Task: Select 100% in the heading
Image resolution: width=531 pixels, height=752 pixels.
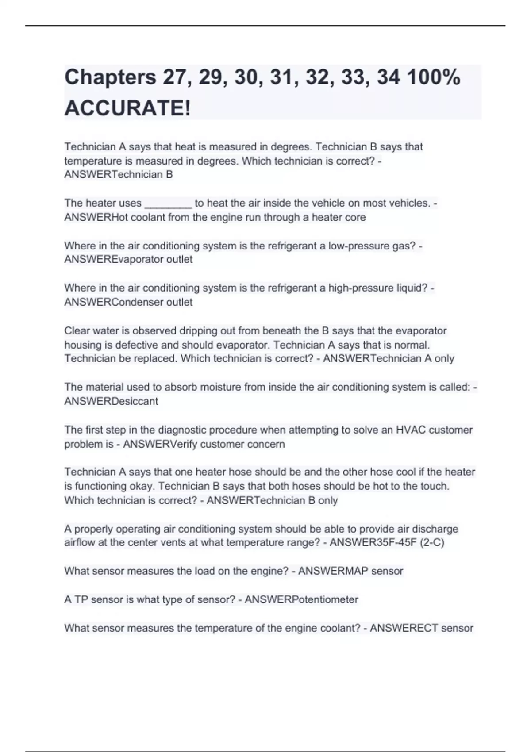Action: tap(433, 77)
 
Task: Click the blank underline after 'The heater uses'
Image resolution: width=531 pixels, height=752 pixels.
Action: tap(168, 203)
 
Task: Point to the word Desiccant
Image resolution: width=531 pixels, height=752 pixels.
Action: tap(135, 401)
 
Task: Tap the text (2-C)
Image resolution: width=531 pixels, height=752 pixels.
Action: tap(432, 543)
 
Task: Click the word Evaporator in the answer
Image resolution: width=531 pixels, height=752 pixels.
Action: tap(138, 260)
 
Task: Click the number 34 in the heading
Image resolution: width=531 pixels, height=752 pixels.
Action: tap(388, 77)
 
